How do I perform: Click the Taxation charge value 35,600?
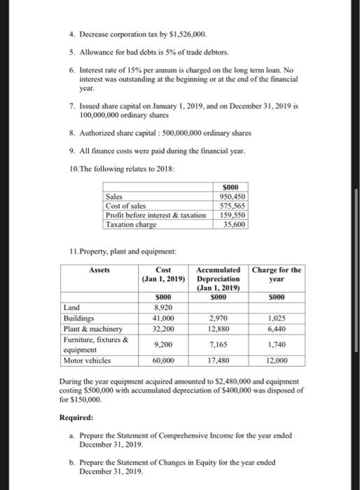pos(233,225)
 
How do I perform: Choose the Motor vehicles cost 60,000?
pos(163,361)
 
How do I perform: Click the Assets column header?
pos(101,269)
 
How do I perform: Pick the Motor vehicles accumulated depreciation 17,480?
pos(221,361)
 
